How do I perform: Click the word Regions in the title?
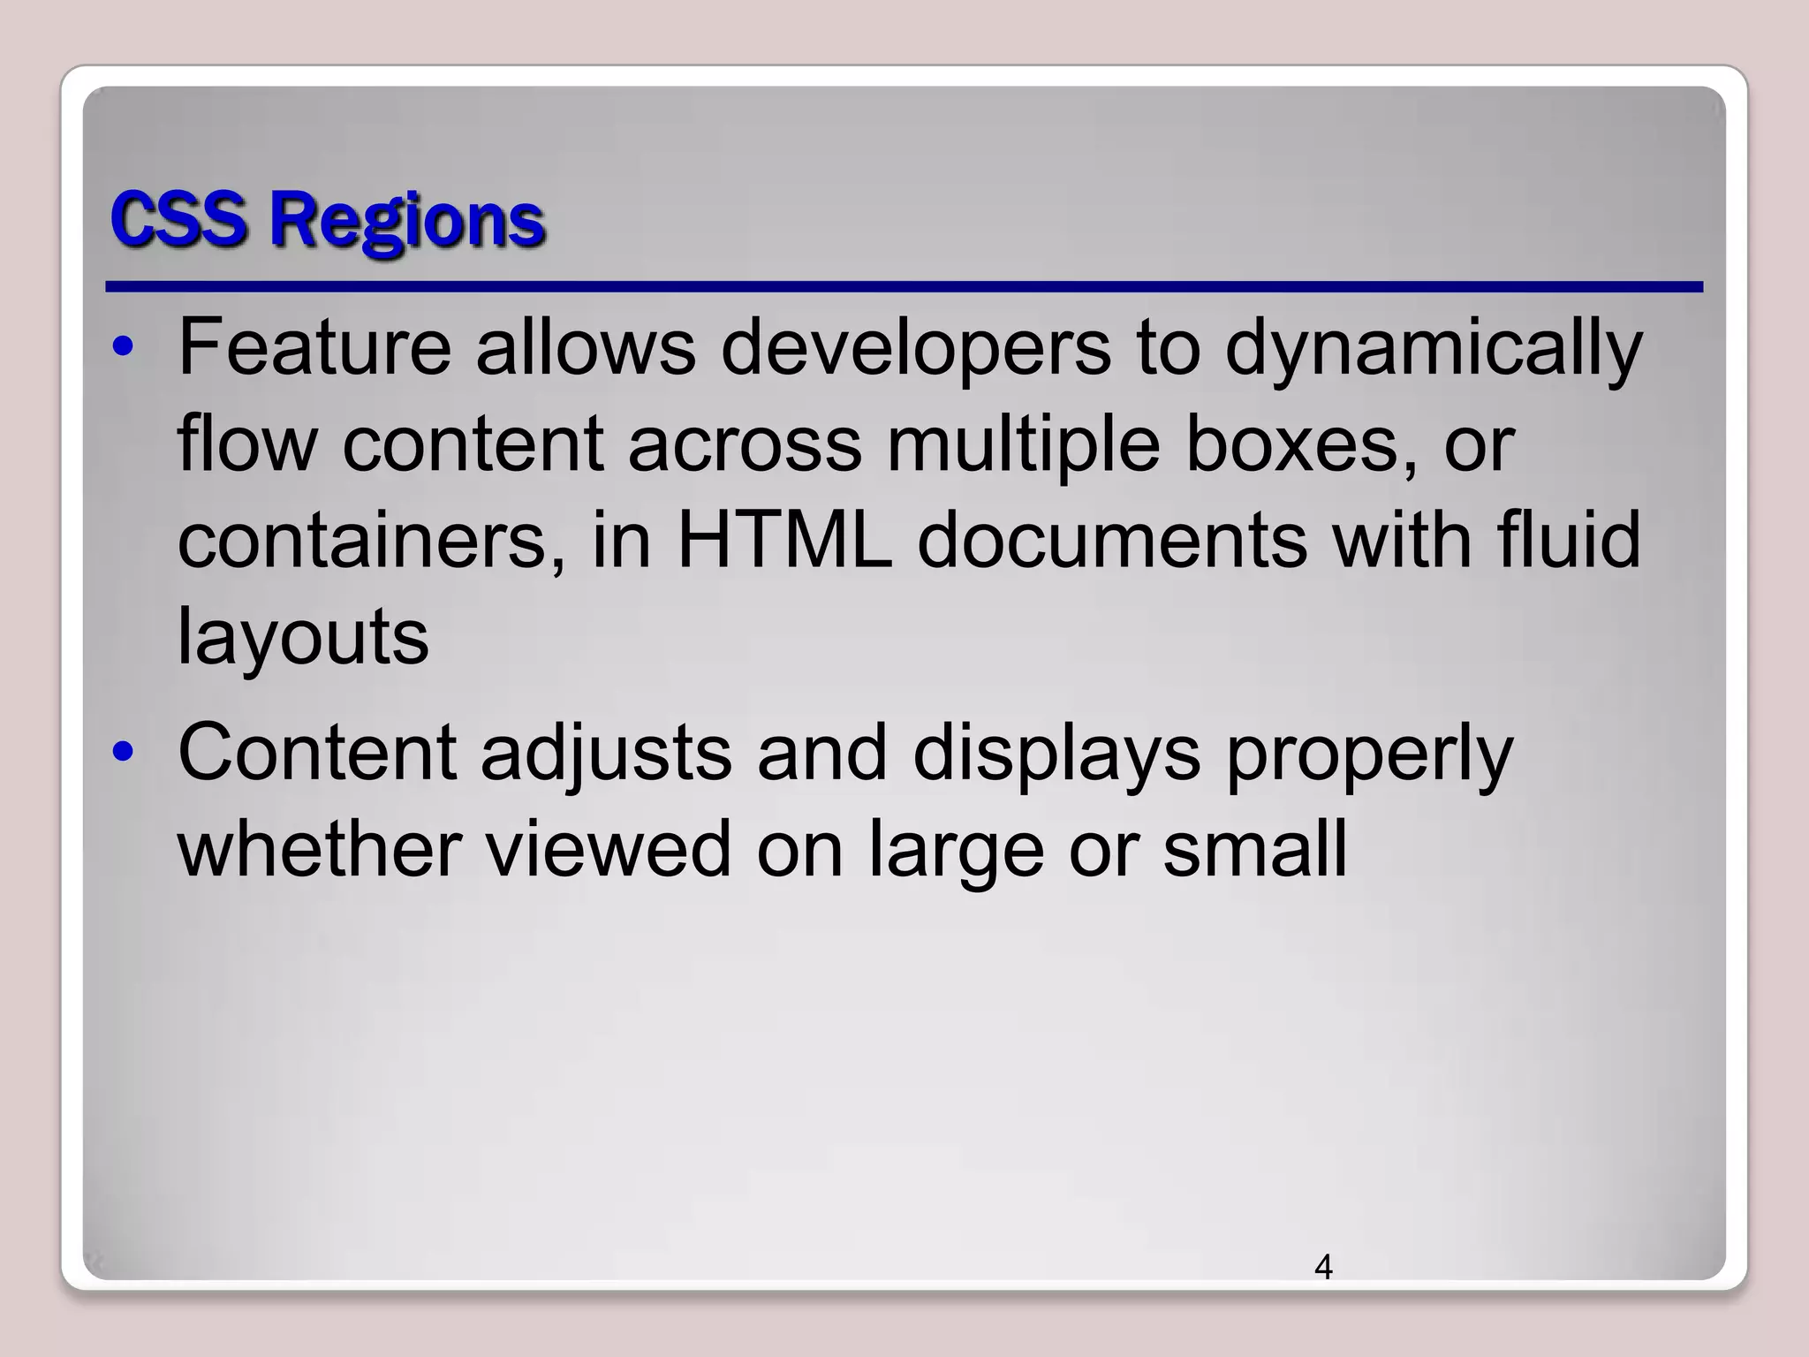click(407, 221)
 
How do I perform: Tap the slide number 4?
click(1323, 1267)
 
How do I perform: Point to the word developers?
click(916, 349)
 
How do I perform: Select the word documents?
click(1112, 541)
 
